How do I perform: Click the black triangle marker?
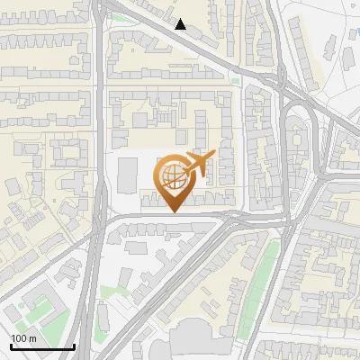181,24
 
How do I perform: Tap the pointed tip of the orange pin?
172,212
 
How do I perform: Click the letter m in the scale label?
32,338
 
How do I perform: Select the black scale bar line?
41,346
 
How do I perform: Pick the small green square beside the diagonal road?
235,82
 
